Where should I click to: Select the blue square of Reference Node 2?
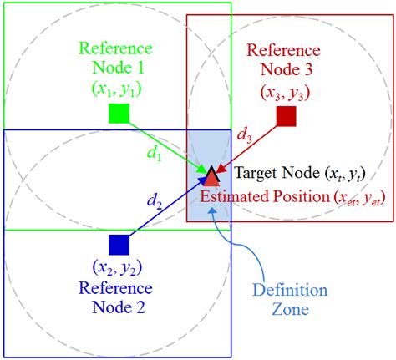pos(119,245)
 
